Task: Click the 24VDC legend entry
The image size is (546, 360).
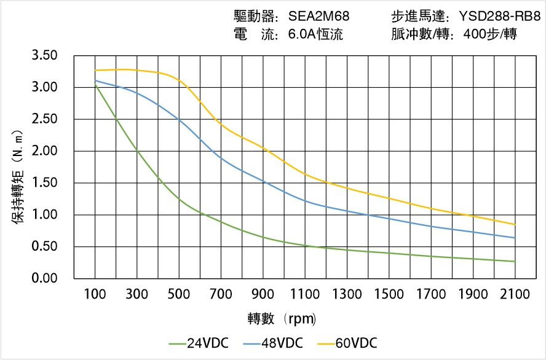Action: click(x=198, y=343)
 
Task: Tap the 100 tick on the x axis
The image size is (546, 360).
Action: click(x=95, y=294)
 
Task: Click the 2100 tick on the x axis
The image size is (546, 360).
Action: click(x=515, y=294)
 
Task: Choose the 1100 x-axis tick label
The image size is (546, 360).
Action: click(x=305, y=294)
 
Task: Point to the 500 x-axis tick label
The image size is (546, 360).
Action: click(x=179, y=294)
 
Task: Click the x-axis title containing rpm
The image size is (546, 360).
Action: click(x=282, y=319)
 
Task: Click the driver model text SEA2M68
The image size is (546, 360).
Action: click(x=318, y=17)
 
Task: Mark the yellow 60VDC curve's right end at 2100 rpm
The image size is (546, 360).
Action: click(x=515, y=224)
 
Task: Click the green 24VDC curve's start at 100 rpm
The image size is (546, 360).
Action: click(x=95, y=84)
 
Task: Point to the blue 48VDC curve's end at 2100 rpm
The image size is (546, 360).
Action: click(x=515, y=238)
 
